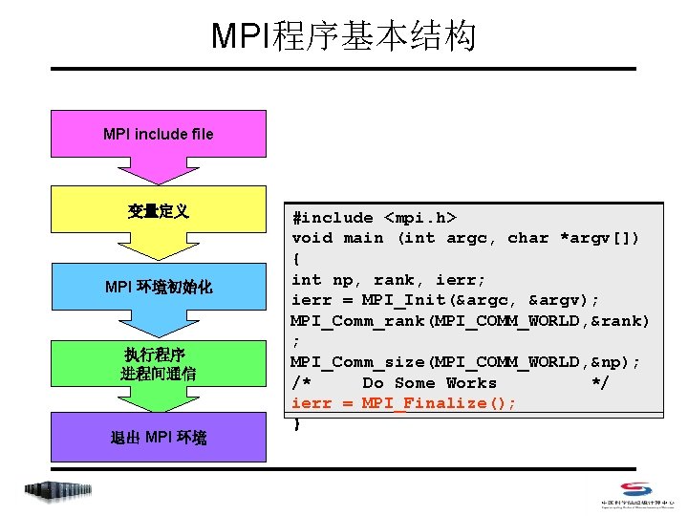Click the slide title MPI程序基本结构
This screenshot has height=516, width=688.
(x=343, y=36)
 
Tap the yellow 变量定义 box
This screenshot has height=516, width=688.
(x=159, y=211)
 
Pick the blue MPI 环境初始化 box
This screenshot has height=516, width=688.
(x=159, y=287)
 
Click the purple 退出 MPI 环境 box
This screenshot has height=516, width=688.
(x=159, y=438)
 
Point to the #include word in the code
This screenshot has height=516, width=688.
(x=333, y=217)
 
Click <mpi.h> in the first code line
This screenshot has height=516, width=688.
(x=420, y=217)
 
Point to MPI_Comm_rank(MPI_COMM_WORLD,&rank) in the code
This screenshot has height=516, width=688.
(x=470, y=320)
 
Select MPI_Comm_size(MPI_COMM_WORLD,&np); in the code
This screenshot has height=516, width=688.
(x=465, y=362)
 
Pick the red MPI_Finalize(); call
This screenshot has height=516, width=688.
(x=440, y=403)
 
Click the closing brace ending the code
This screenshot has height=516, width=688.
(x=297, y=423)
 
